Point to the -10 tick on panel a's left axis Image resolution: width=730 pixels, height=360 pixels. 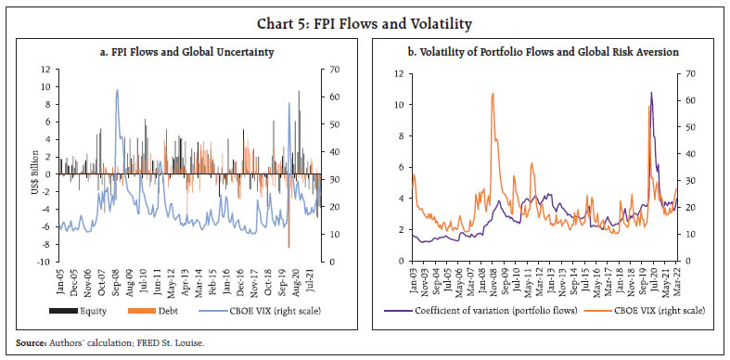(44, 262)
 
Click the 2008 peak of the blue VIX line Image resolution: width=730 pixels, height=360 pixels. (117, 90)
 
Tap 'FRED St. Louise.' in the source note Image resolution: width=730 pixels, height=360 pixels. (175, 344)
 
